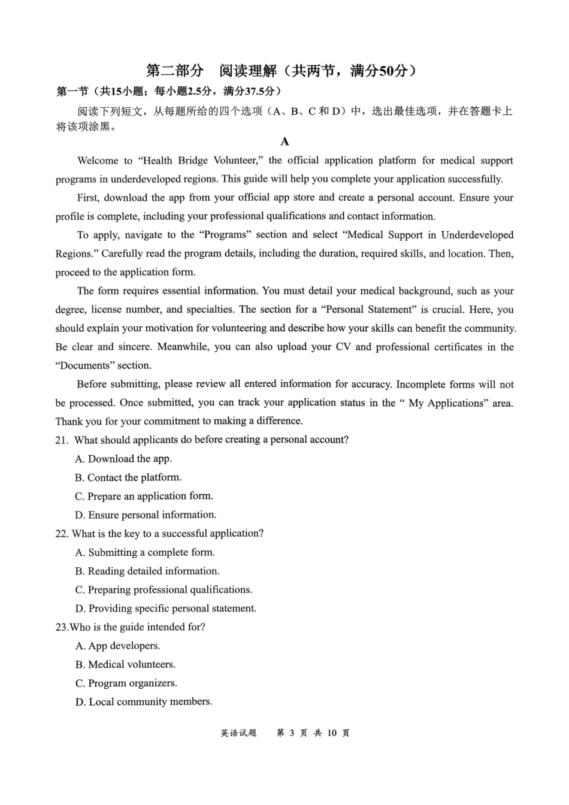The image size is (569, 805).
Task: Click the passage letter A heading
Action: pos(284,141)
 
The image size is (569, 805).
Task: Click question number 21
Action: pos(61,440)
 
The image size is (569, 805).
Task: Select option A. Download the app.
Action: pos(123,459)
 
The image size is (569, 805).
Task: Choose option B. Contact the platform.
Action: pos(128,477)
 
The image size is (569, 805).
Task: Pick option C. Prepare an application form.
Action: pos(144,496)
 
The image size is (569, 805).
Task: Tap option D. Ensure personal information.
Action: pos(146,515)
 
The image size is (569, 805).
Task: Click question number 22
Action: pos(62,534)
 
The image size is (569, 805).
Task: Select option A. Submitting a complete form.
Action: pos(145,552)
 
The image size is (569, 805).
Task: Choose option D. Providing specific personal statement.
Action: pos(166,609)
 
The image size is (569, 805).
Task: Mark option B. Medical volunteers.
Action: pos(125,664)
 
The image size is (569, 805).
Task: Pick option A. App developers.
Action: pos(118,646)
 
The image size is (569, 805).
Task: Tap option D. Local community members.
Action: pos(144,701)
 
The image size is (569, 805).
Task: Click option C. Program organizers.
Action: pos(126,683)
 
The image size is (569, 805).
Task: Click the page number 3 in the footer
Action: pos(292,733)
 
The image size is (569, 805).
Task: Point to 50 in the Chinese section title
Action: pos(386,71)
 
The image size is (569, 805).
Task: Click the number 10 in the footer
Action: pos(332,733)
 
